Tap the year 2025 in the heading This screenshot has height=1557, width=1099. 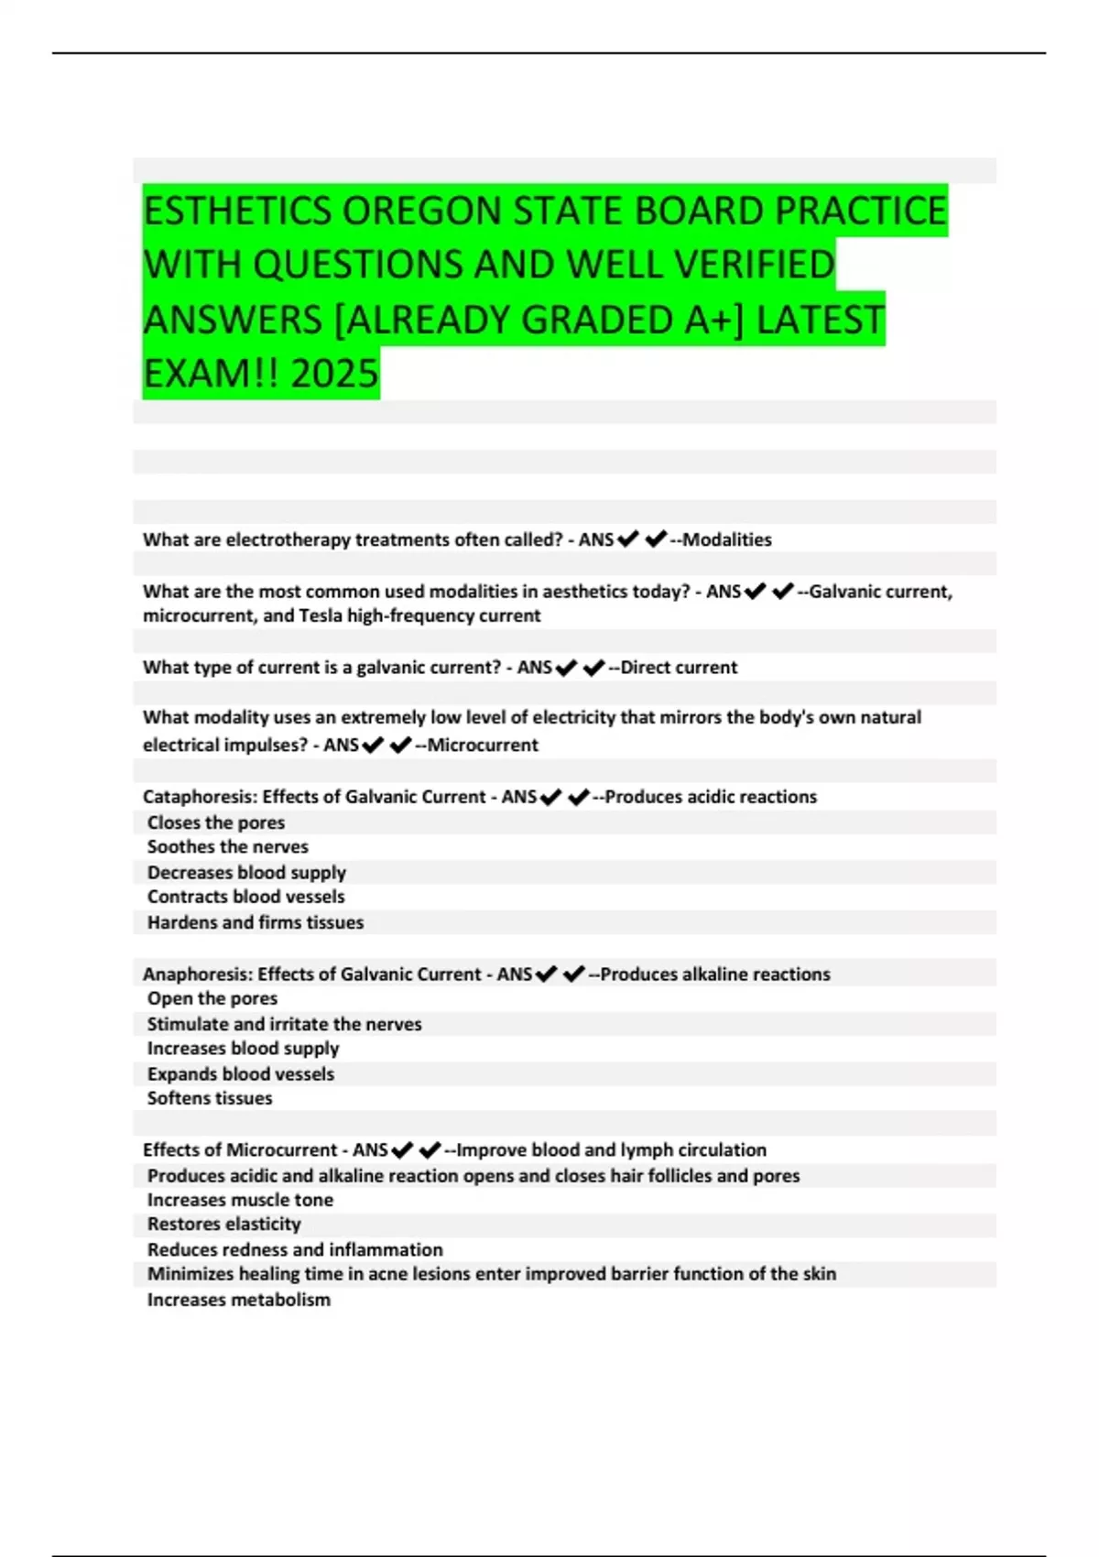coord(334,374)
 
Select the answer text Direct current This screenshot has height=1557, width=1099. coord(679,668)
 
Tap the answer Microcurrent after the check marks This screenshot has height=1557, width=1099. coord(483,745)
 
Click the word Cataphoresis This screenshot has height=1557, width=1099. coord(199,797)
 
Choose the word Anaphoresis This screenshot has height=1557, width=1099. coord(197,974)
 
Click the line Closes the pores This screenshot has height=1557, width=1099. coord(216,822)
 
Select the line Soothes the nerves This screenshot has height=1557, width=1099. coord(228,847)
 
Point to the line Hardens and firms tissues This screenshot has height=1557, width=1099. coord(256,922)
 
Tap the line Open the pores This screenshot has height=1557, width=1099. coord(212,998)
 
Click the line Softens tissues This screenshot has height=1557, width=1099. coord(210,1098)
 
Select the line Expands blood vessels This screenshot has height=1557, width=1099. coord(241,1073)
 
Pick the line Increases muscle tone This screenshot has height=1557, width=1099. coord(240,1200)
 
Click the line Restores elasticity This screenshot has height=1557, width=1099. coord(224,1224)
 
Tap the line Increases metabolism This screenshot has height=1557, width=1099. coord(239,1300)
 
